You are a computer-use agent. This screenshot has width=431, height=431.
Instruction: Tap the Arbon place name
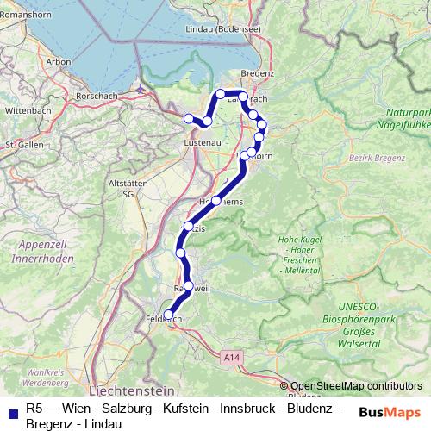pyautogui.click(x=59, y=62)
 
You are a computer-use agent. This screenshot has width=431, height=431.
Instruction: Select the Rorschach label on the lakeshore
pyautogui.click(x=97, y=96)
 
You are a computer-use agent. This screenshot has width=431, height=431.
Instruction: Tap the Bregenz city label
pyautogui.click(x=257, y=75)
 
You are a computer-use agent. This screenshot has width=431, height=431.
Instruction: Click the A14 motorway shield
pyautogui.click(x=231, y=355)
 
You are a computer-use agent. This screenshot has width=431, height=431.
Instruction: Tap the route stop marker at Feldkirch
pyautogui.click(x=169, y=315)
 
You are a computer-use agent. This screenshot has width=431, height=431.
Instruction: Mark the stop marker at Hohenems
pyautogui.click(x=216, y=200)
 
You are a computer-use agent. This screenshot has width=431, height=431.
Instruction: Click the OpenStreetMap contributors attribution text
pyautogui.click(x=356, y=386)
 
